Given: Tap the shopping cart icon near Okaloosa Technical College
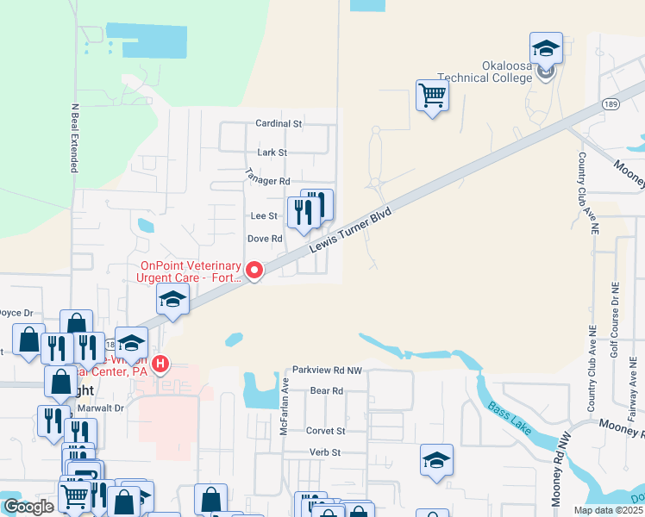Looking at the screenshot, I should [x=432, y=96].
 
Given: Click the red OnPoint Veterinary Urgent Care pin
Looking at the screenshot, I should [x=254, y=271].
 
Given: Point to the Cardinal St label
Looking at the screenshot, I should [x=279, y=124].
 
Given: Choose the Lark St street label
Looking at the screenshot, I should [x=271, y=153].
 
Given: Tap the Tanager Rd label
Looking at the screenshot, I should [x=267, y=178].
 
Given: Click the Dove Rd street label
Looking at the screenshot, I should [x=265, y=239].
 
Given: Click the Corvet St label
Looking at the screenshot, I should [x=325, y=431].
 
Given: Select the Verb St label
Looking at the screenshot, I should [x=327, y=452].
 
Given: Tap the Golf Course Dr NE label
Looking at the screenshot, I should [x=615, y=320].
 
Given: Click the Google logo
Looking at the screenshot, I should [x=28, y=507].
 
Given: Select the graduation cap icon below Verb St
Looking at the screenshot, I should [x=436, y=460].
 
